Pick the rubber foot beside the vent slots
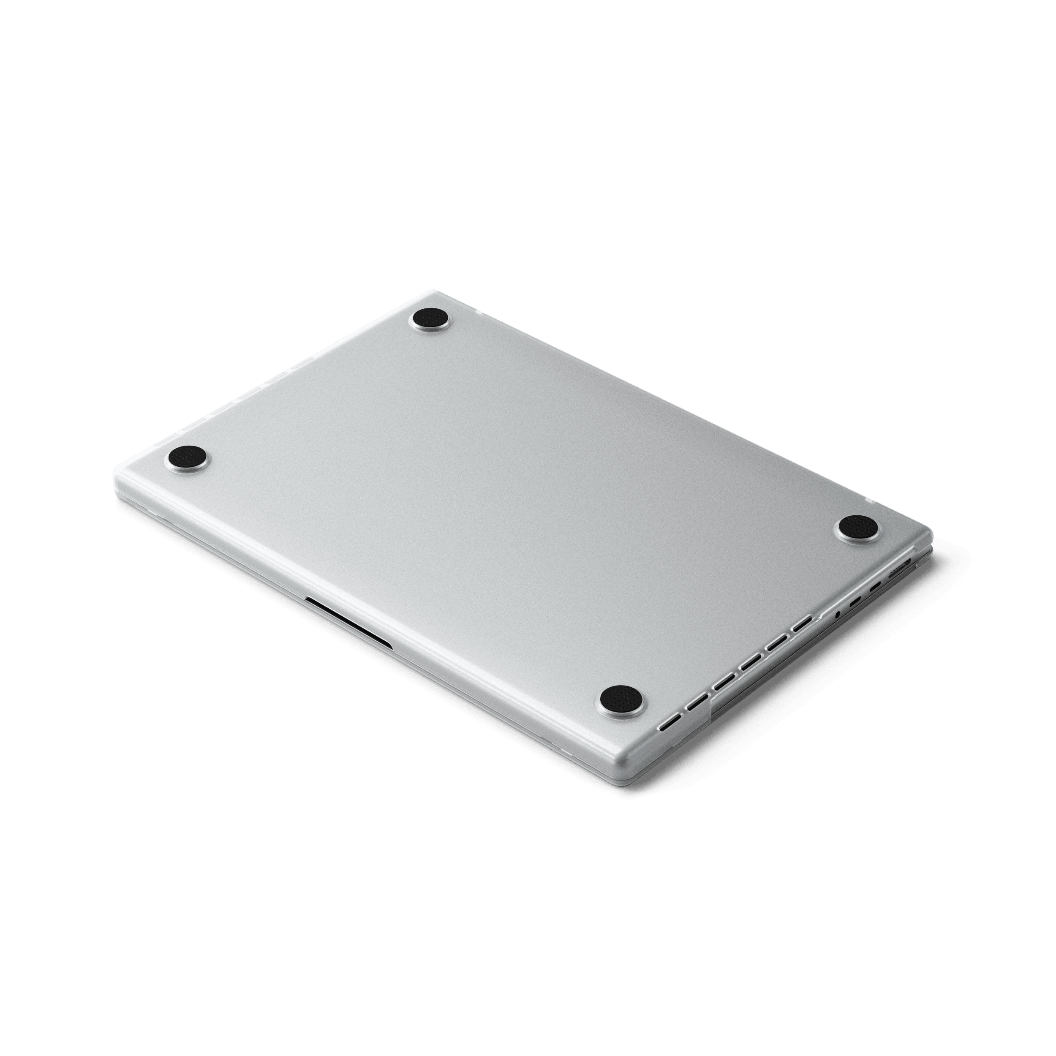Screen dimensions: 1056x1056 tap(621, 699)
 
